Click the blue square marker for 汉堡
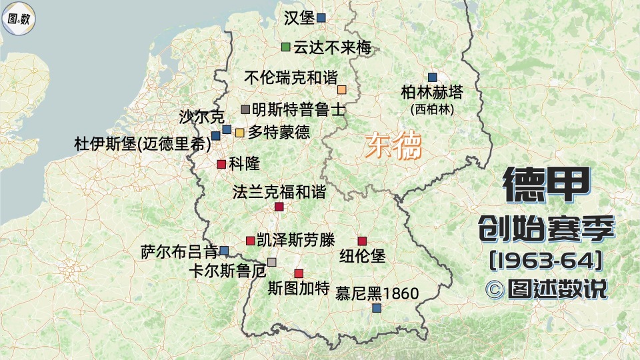(321, 18)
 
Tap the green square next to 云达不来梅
(285, 47)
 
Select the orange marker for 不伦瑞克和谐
(342, 89)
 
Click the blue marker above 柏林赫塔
(432, 77)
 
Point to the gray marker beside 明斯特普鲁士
(245, 109)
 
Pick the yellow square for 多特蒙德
(239, 132)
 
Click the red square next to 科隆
(221, 164)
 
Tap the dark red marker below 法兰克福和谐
(279, 207)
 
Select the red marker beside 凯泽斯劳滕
(250, 240)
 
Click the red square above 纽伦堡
(362, 241)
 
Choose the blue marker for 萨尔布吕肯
(224, 251)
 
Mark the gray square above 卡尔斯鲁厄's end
(271, 261)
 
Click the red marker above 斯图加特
(299, 273)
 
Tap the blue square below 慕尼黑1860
(377, 308)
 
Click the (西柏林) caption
(432, 109)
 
